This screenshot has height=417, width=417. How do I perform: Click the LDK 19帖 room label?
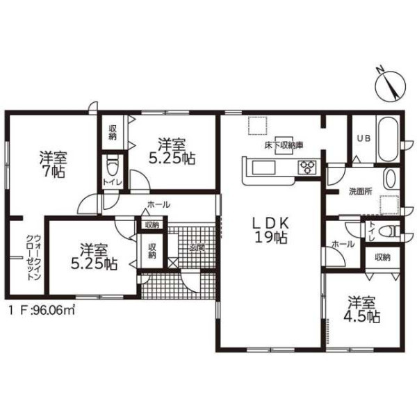tap(271, 230)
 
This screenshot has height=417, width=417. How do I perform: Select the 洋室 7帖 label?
tap(54, 164)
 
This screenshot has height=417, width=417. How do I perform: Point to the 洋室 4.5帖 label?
tap(361, 309)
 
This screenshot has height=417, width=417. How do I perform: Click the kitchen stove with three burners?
tap(308, 167)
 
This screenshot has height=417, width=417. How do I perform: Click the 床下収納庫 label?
tap(284, 145)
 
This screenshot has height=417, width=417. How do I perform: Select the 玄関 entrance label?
tap(197, 247)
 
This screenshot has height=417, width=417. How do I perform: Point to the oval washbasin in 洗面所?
tap(391, 179)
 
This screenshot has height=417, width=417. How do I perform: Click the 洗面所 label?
tap(360, 192)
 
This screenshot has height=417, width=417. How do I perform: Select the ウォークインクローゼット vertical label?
tap(33, 257)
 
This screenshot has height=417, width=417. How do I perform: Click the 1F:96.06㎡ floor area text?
tap(41, 310)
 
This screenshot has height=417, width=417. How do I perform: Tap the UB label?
tap(363, 138)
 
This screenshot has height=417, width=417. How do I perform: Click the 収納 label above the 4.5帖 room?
tap(383, 257)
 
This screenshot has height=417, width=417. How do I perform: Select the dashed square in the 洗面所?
tap(389, 205)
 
